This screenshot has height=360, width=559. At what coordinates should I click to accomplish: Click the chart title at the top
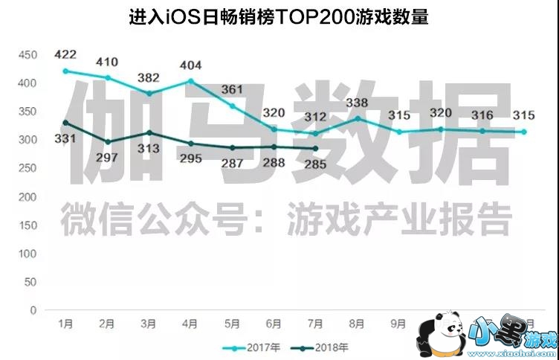279,16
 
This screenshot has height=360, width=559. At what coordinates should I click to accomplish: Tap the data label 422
66,54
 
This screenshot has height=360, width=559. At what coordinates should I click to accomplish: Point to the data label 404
192,64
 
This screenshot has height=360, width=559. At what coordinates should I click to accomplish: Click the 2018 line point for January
66,123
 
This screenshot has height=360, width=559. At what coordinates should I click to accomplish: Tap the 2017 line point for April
191,81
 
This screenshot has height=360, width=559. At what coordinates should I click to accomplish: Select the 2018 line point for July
316,149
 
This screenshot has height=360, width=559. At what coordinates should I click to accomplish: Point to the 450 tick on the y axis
28,55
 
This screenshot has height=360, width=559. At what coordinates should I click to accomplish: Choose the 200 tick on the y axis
28,197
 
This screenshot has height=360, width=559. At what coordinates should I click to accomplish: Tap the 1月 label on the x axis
66,324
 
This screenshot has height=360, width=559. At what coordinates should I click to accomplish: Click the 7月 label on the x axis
316,324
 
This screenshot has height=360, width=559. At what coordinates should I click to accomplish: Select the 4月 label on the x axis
191,324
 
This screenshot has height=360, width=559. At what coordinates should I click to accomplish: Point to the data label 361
233,90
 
